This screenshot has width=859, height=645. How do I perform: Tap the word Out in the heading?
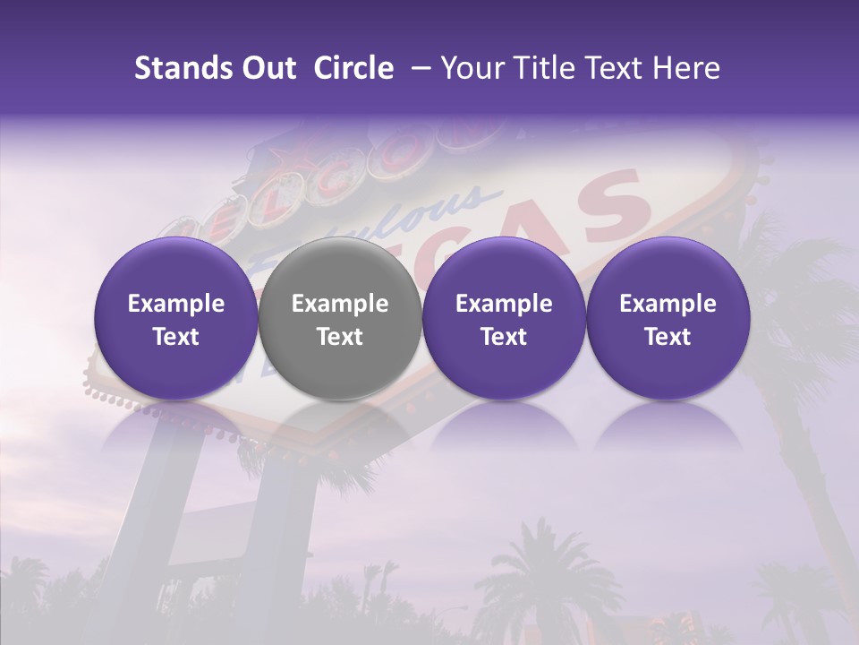pyautogui.click(x=266, y=68)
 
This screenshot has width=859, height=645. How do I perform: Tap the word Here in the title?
pyautogui.click(x=688, y=68)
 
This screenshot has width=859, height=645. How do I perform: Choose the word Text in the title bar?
pyautogui.click(x=617, y=68)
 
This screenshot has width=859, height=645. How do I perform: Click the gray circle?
pyautogui.click(x=340, y=319)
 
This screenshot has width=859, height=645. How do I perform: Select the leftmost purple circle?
pyautogui.click(x=176, y=319)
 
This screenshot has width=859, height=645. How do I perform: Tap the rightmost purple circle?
pyautogui.click(x=668, y=319)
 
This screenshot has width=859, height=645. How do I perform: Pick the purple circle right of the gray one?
pyautogui.click(x=504, y=319)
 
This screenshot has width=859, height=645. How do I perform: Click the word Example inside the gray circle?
pyautogui.click(x=340, y=304)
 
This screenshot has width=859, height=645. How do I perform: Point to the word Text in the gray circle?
pyautogui.click(x=340, y=336)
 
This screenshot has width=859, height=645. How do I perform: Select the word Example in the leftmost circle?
pyautogui.click(x=176, y=304)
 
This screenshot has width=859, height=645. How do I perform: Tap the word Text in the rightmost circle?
pyautogui.click(x=668, y=336)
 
